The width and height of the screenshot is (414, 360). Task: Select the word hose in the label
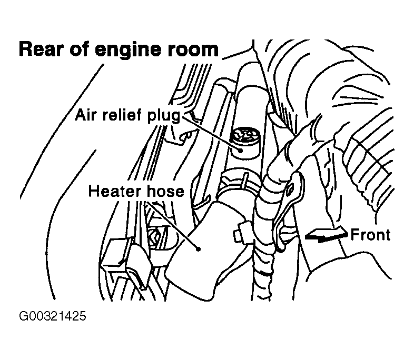164,191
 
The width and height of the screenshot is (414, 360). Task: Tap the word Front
371,235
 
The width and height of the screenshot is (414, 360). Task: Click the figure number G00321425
52,317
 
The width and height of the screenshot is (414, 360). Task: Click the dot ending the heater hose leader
199,246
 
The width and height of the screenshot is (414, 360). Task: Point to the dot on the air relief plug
240,149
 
